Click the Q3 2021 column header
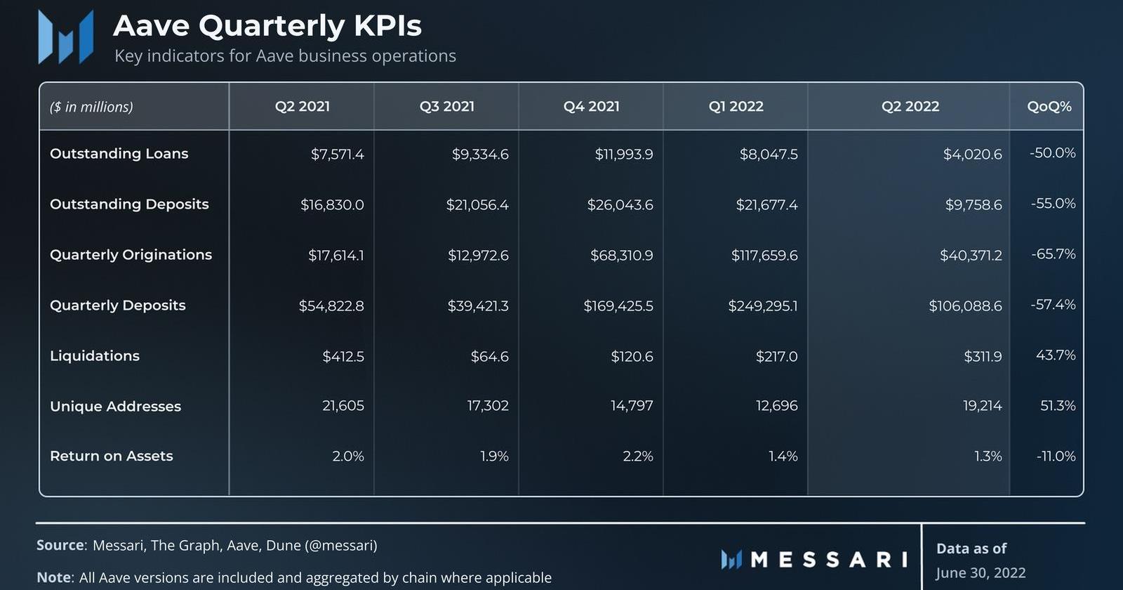pos(446,106)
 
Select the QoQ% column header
pos(1049,106)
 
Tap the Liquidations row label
pos(95,356)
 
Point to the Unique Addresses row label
pos(115,406)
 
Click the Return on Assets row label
pos(111,456)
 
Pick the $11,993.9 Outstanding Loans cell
pos(623,154)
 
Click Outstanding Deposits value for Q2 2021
pos(332,204)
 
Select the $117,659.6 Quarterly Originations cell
pos(764,255)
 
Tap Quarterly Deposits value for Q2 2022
pos(965,306)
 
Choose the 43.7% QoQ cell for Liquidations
pos(1055,355)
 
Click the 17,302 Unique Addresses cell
pos(487,405)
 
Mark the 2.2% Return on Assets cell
pos(637,456)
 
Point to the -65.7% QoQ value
pos(1053,254)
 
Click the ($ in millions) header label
pos(91,107)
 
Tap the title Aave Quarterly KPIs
pos(267,26)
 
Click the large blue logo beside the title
pos(65,37)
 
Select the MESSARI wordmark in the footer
pos(828,560)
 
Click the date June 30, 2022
pos(981,573)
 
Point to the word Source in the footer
pos(60,545)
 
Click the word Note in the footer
pos(54,577)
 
